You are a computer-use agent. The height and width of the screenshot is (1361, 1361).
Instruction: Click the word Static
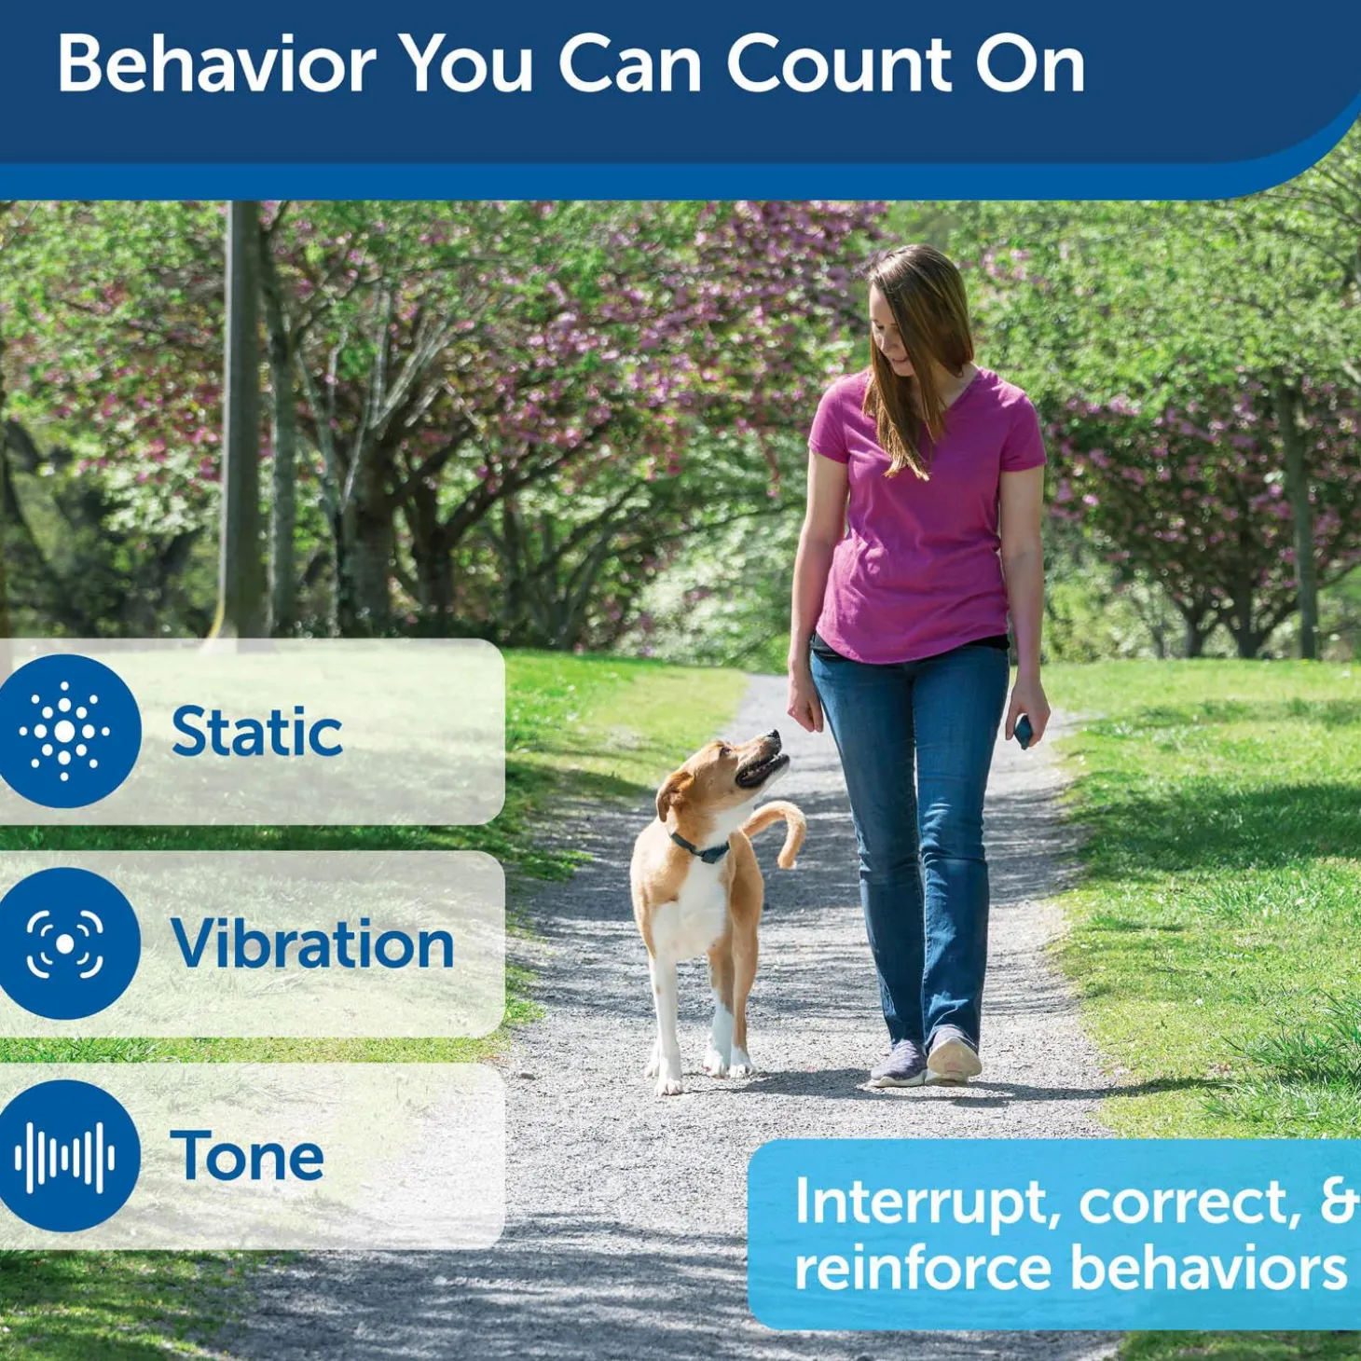tap(256, 732)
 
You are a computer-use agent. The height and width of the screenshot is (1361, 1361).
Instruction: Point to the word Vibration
tap(312, 944)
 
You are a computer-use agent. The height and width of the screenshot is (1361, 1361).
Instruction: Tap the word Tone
tap(247, 1157)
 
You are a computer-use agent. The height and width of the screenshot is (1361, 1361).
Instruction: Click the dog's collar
tap(699, 848)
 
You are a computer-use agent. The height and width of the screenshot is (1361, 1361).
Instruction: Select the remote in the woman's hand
tap(1023, 730)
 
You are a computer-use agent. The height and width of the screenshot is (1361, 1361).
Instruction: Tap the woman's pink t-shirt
tap(918, 531)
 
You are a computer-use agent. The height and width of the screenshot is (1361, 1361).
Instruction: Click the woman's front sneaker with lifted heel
tap(953, 1058)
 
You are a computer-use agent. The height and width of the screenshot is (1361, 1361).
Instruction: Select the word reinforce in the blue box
tap(923, 1270)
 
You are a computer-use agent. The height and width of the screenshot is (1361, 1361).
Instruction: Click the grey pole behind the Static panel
tap(244, 419)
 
